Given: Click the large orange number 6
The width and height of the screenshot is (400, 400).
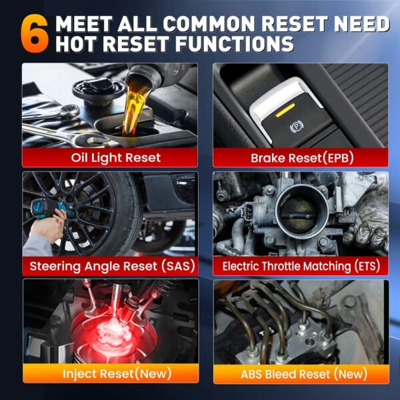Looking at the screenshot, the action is tap(35, 34).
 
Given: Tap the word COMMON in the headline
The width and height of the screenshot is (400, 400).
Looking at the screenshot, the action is tap(208, 24).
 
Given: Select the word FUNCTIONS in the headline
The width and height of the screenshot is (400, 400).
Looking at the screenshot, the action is tap(234, 43).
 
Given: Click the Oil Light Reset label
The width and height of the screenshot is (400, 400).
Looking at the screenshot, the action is tap(116, 157).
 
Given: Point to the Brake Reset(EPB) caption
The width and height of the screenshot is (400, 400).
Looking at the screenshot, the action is tap(302, 158).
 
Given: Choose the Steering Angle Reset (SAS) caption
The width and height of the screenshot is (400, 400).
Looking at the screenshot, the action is tap(112, 266).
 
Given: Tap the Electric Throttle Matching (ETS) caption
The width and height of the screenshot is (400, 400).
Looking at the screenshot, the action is tap(301, 266).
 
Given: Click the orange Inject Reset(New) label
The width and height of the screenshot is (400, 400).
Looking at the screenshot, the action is tap(117, 374).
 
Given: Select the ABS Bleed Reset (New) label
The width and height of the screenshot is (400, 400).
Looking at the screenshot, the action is tap(304, 374).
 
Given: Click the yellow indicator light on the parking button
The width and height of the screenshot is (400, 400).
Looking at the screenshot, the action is tap(285, 110).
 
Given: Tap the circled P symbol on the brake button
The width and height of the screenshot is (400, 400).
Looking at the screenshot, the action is tap(297, 127).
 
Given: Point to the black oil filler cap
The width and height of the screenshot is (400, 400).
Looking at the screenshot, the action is tap(99, 88).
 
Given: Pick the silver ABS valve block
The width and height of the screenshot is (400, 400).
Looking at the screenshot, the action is tap(288, 342).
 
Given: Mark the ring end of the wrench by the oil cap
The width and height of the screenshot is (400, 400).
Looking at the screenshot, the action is tap(71, 111).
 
